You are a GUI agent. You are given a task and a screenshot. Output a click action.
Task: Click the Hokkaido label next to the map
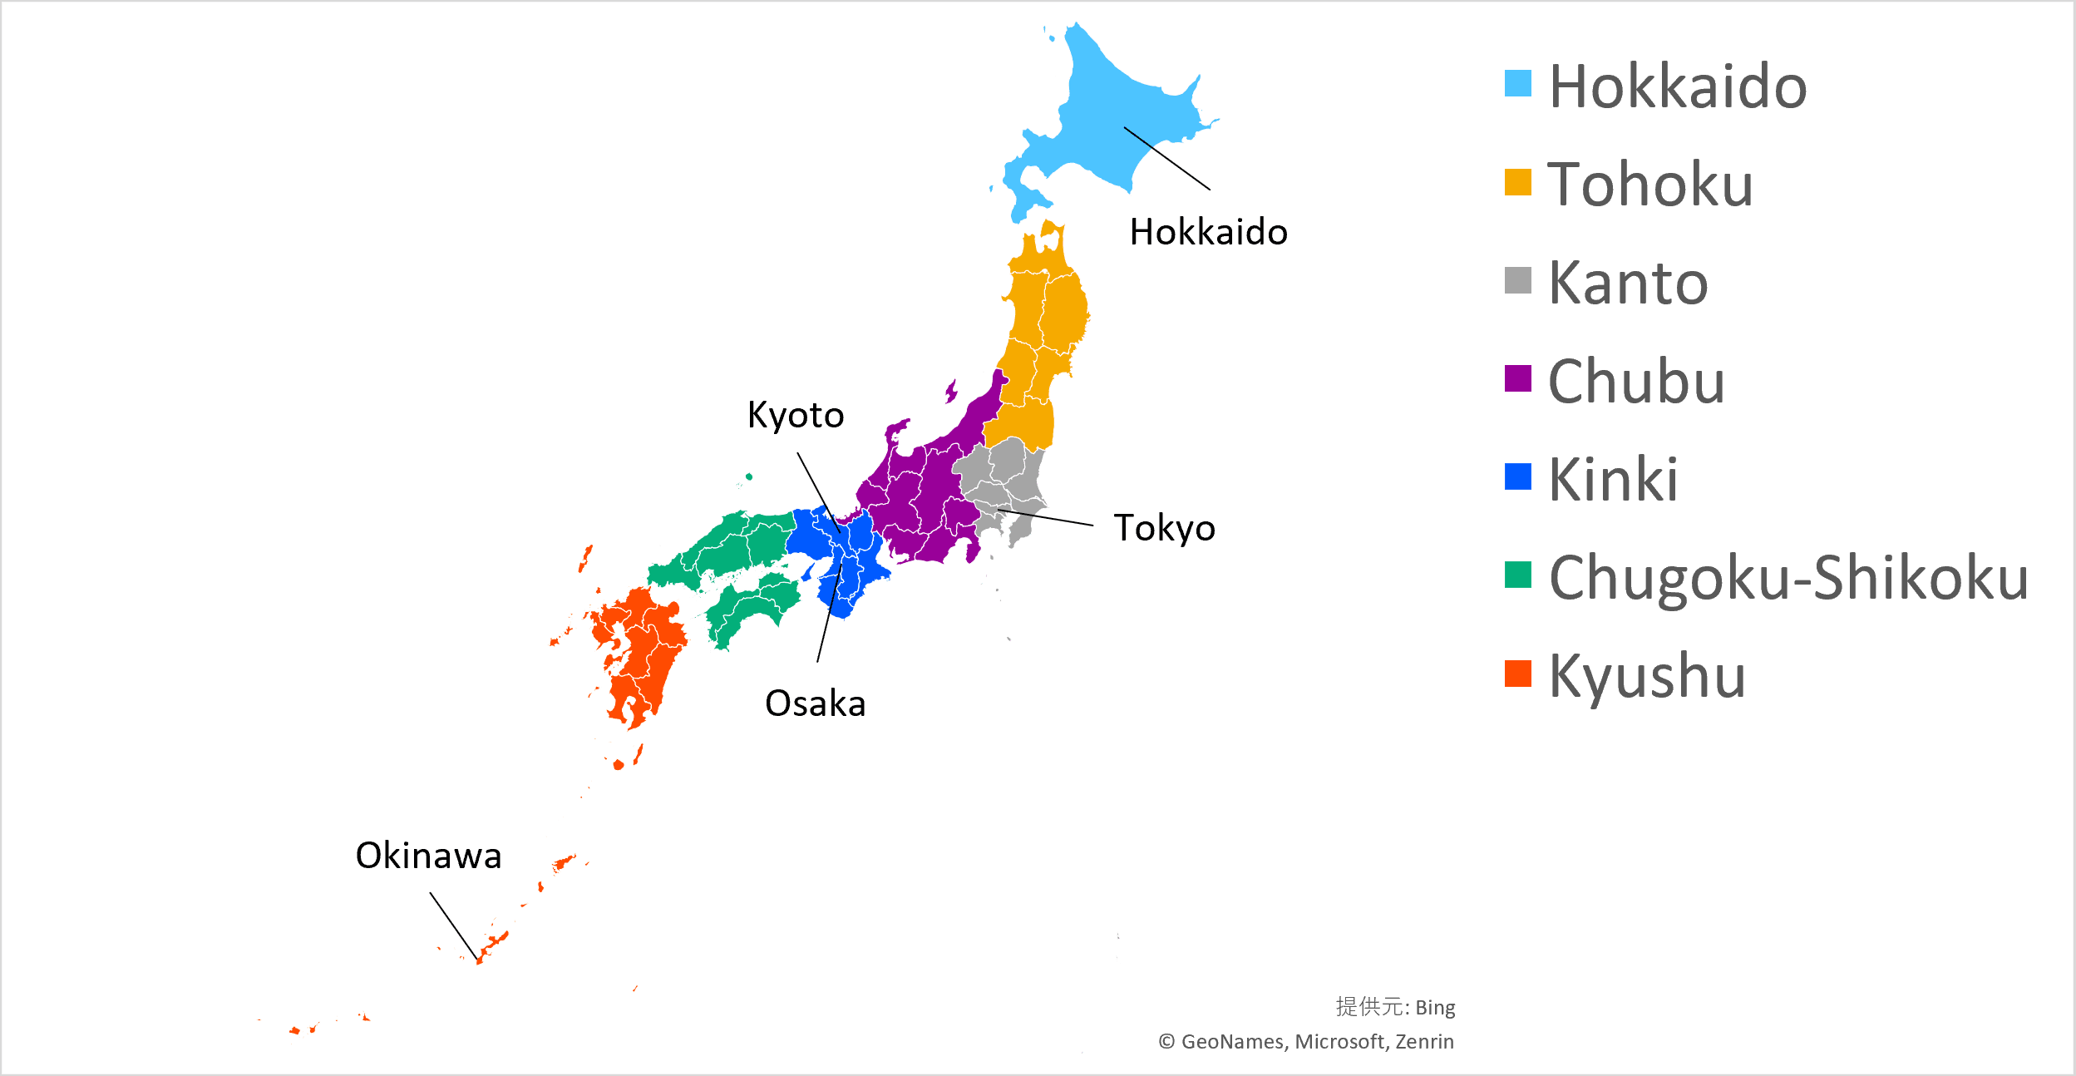pos(1208,232)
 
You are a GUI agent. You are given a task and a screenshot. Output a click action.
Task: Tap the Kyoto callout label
pos(796,415)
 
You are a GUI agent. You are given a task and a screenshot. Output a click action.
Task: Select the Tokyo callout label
pos(1164,528)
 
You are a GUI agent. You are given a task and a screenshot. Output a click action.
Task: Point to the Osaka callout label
pos(815,703)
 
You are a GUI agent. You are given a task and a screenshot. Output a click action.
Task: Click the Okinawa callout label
pos(428,856)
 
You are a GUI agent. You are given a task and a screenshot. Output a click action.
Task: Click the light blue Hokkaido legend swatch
pos(1517,83)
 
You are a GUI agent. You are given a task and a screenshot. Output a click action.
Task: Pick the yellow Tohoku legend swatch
pos(1517,182)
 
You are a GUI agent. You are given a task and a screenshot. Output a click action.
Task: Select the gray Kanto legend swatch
pos(1517,280)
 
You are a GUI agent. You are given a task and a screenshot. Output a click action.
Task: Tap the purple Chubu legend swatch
pos(1517,378)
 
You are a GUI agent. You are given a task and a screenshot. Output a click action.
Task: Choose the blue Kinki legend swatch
pos(1517,476)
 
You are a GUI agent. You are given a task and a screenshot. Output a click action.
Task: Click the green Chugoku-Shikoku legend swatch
pos(1517,575)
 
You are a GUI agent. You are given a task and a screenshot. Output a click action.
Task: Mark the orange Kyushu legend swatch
pos(1517,674)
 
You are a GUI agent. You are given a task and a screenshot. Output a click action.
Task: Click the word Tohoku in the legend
pos(1650,184)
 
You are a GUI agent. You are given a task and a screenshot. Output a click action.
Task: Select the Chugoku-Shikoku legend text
pos(1788,577)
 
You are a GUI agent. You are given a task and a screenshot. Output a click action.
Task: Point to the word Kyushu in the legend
pos(1647,676)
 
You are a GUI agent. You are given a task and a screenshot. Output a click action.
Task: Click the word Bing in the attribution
pos(1435,1008)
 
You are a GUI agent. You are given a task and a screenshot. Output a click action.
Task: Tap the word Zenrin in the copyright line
pos(1424,1042)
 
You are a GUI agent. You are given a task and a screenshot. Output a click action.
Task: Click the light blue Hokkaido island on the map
pos(1106,125)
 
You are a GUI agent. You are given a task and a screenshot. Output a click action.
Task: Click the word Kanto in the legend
pos(1628,283)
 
